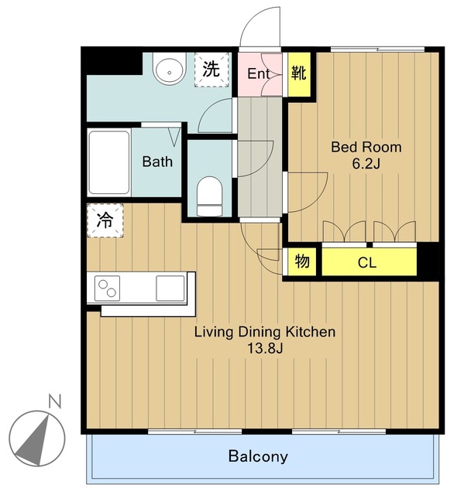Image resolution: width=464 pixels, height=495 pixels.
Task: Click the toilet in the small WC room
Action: point(209,196)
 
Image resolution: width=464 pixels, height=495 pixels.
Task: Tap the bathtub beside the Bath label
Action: point(109,162)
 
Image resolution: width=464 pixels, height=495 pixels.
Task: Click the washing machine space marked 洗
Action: point(211,70)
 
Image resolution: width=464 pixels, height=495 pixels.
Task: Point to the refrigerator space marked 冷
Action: point(105,220)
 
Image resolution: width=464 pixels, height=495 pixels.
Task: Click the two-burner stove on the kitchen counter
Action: point(107,288)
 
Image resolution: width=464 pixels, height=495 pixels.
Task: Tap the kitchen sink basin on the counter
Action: point(170,288)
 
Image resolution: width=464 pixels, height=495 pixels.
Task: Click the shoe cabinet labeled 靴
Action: point(299,74)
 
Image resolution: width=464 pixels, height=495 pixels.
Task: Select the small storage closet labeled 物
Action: point(302,261)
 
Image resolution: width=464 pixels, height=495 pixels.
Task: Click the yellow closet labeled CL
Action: point(369,261)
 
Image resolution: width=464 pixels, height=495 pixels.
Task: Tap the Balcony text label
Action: point(258,456)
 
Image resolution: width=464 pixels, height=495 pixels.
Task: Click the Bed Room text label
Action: point(366,147)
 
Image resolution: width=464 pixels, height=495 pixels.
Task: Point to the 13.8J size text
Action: point(265,349)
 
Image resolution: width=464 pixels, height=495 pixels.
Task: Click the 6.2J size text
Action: point(366,164)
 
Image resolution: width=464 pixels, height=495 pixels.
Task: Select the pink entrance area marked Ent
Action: point(259,74)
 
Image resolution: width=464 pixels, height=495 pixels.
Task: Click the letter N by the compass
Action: point(55,401)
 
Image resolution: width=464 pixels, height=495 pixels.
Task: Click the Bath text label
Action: point(157,162)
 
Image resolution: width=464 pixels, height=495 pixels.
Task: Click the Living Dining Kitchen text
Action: point(265,332)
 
